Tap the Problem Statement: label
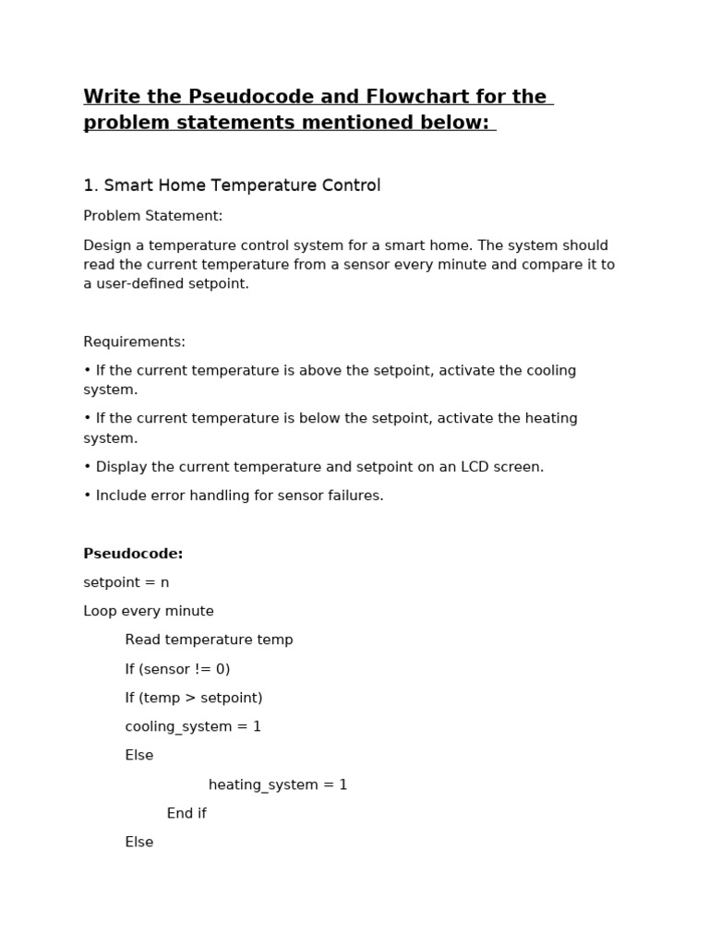point(153,216)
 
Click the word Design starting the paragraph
point(107,245)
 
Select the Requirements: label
point(135,341)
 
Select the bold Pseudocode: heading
point(133,554)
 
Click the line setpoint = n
point(126,582)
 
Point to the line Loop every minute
point(149,611)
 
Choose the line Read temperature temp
point(209,640)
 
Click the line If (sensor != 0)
point(177,669)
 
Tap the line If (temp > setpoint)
point(194,698)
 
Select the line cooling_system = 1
point(193,726)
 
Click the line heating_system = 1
point(278,784)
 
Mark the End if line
point(186,813)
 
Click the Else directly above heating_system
point(139,755)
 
